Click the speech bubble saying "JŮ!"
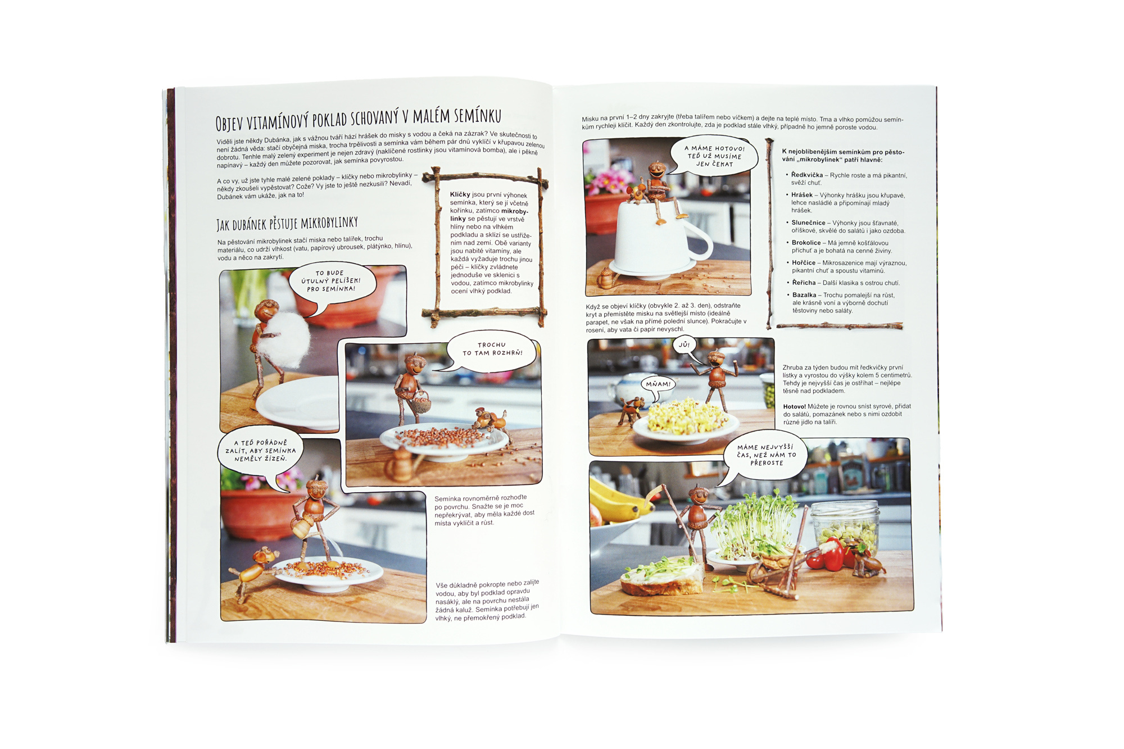(x=684, y=345)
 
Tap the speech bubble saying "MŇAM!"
(x=658, y=385)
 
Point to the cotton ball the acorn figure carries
(x=287, y=339)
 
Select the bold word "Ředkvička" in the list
(x=807, y=175)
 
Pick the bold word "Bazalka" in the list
(x=804, y=295)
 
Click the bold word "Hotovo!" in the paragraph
(x=795, y=406)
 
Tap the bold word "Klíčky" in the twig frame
(x=460, y=194)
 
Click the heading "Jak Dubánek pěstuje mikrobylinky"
(x=287, y=223)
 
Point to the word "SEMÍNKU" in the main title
(x=477, y=116)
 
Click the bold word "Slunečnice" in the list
(x=808, y=223)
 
